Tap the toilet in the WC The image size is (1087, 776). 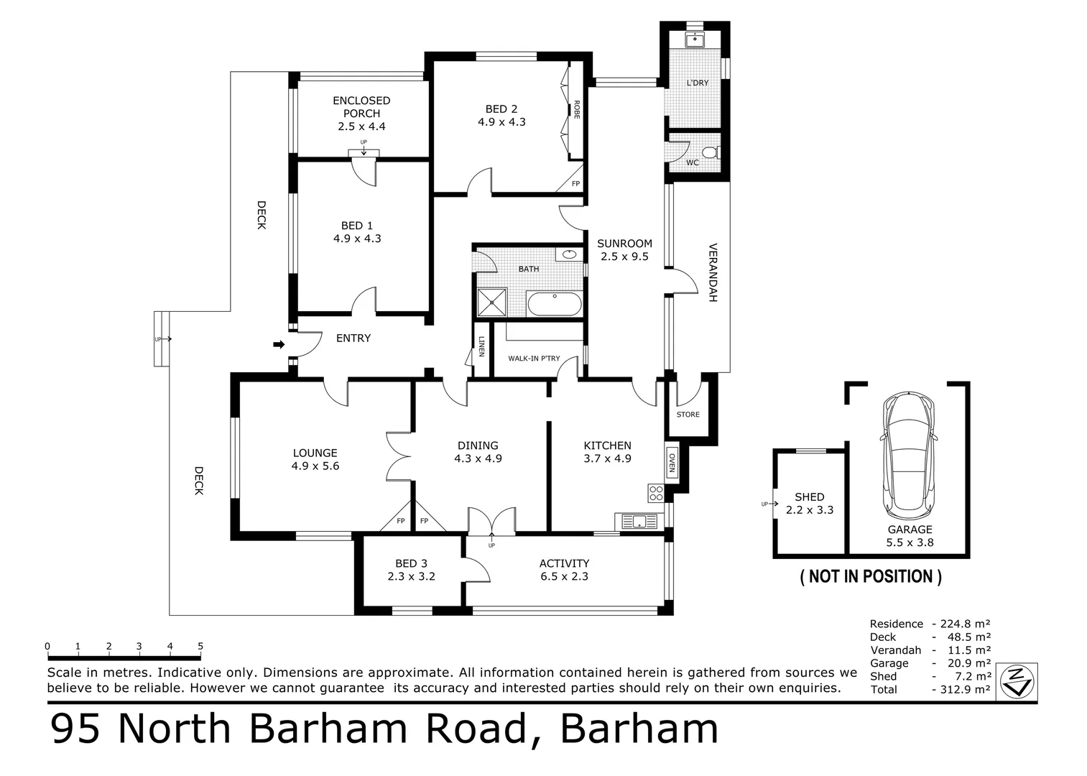coord(710,152)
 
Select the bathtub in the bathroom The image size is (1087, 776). coord(554,304)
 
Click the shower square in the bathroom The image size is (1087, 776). coord(492,302)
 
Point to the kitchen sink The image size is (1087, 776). coord(637,521)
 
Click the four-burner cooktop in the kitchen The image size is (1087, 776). coord(656,493)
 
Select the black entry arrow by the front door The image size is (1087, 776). coord(279,345)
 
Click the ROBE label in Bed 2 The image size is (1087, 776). coord(576,109)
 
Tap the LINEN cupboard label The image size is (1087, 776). coord(481,348)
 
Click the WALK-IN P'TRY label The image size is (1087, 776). coord(534,358)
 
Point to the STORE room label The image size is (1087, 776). coord(688,415)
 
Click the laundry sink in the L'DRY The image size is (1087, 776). coord(694,39)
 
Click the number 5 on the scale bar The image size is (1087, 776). coord(200,646)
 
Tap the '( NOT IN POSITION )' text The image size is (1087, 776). coord(871,576)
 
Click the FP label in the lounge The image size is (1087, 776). coord(400,521)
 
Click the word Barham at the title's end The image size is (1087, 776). coord(639,729)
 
